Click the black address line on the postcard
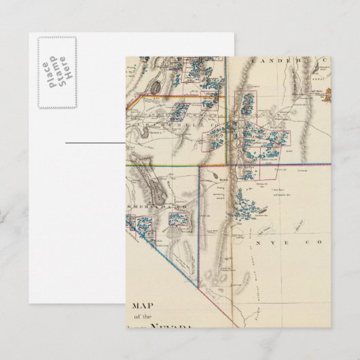(x=95, y=144)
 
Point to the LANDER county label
(x=268, y=60)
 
